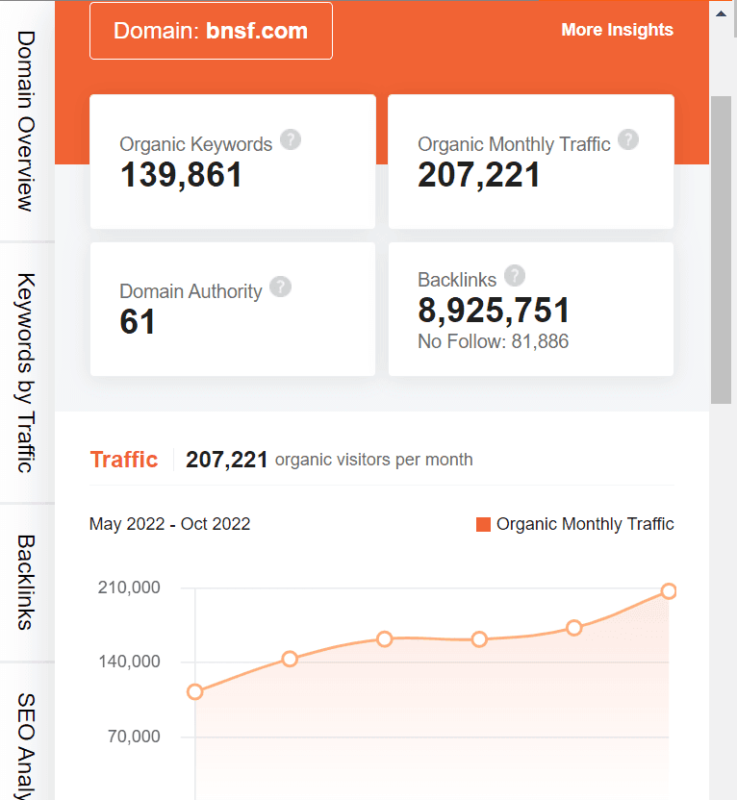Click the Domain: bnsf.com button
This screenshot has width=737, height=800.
(211, 31)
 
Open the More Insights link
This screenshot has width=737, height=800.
(617, 30)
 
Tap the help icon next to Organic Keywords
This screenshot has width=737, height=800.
(291, 139)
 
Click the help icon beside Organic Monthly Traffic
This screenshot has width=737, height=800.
(628, 139)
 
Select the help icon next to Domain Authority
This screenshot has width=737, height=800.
(280, 287)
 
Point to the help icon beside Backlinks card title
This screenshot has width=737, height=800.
(515, 276)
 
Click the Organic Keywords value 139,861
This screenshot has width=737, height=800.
(181, 174)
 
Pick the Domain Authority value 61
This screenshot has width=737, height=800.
(138, 322)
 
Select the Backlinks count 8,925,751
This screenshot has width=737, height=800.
(494, 310)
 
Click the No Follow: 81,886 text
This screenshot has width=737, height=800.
(493, 341)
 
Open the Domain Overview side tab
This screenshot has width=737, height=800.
(26, 120)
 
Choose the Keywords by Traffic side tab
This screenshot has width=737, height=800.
(26, 372)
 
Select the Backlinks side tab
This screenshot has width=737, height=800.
(26, 582)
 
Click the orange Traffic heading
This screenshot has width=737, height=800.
(123, 460)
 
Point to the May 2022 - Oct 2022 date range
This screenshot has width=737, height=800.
(169, 524)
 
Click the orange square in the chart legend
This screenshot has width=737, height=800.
(483, 524)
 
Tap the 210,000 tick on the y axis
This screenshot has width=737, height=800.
(129, 587)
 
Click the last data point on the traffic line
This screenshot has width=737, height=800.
(669, 590)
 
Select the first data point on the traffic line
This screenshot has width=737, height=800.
(195, 691)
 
